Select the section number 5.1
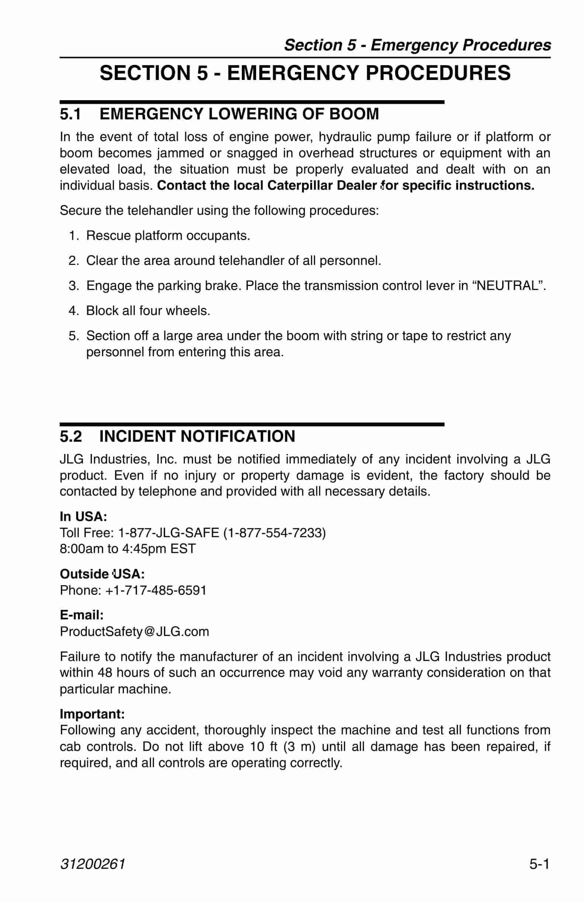pos(70,114)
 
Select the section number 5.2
pos(70,436)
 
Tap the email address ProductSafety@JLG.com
pos(134,632)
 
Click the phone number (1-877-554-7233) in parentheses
pos(274,532)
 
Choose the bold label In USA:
pos(83,516)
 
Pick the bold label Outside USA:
pos(102,574)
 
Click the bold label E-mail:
pos(81,615)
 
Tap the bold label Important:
pos(92,714)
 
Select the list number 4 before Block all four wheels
pos(73,311)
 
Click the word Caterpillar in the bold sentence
pos(300,185)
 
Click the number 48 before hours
pos(105,672)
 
